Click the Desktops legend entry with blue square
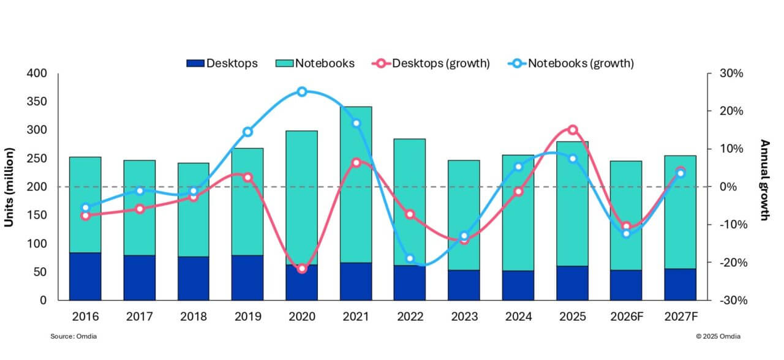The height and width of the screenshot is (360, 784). (222, 63)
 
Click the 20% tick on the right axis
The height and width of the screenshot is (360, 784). (732, 111)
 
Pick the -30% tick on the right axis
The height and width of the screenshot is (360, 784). (731, 300)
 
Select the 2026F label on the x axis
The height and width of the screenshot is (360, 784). (626, 317)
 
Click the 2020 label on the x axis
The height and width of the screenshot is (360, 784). (301, 317)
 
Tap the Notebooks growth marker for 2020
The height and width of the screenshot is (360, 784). (302, 92)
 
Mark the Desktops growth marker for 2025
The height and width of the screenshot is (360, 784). (573, 130)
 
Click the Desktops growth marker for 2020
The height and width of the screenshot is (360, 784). (302, 269)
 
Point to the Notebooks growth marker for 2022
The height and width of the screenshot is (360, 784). (410, 259)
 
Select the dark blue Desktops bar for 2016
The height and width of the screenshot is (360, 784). (85, 276)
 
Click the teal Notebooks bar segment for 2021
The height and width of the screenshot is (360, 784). (356, 184)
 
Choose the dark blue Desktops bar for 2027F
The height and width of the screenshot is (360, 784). (680, 284)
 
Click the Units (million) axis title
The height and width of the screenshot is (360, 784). (9, 187)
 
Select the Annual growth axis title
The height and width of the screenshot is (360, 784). (764, 179)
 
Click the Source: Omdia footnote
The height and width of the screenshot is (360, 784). (73, 336)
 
